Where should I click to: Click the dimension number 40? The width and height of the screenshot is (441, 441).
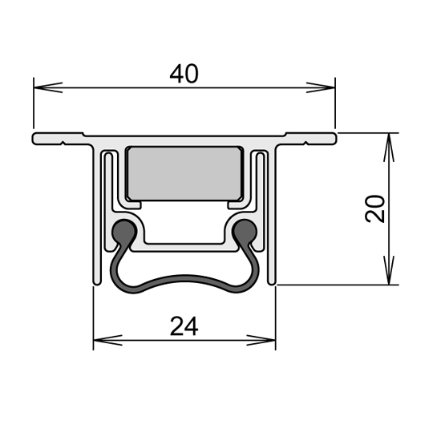point(184,74)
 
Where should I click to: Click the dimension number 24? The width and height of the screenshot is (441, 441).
point(184,326)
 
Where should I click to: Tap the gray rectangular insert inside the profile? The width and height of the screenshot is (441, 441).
point(184,173)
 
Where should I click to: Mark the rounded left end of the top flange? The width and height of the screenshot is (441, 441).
point(36,140)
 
